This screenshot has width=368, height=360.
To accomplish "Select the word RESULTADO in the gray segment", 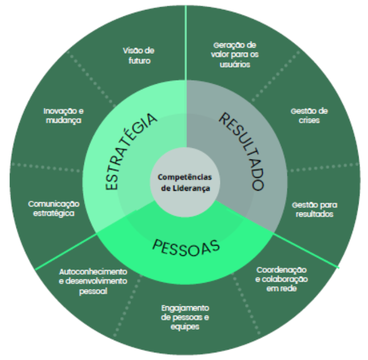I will click(241, 151).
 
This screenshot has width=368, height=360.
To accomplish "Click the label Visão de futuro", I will click(137, 56).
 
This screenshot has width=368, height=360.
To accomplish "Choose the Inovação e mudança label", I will click(63, 116).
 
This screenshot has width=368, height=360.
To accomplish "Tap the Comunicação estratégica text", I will click(54, 209).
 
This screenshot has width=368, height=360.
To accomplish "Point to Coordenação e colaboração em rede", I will click(281, 279).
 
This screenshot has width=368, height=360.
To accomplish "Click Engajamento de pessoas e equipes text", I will click(185, 317).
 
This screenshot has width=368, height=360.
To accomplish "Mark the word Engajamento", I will click(185, 308).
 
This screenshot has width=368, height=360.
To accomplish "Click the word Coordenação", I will click(281, 270).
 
